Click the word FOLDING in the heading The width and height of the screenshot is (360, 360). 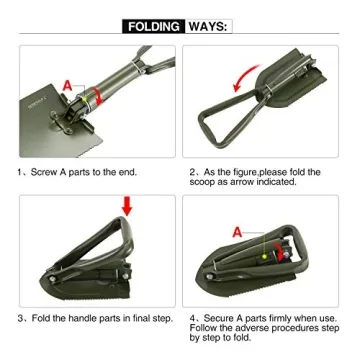click(155, 24)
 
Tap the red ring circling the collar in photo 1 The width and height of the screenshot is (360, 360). click(92, 96)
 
